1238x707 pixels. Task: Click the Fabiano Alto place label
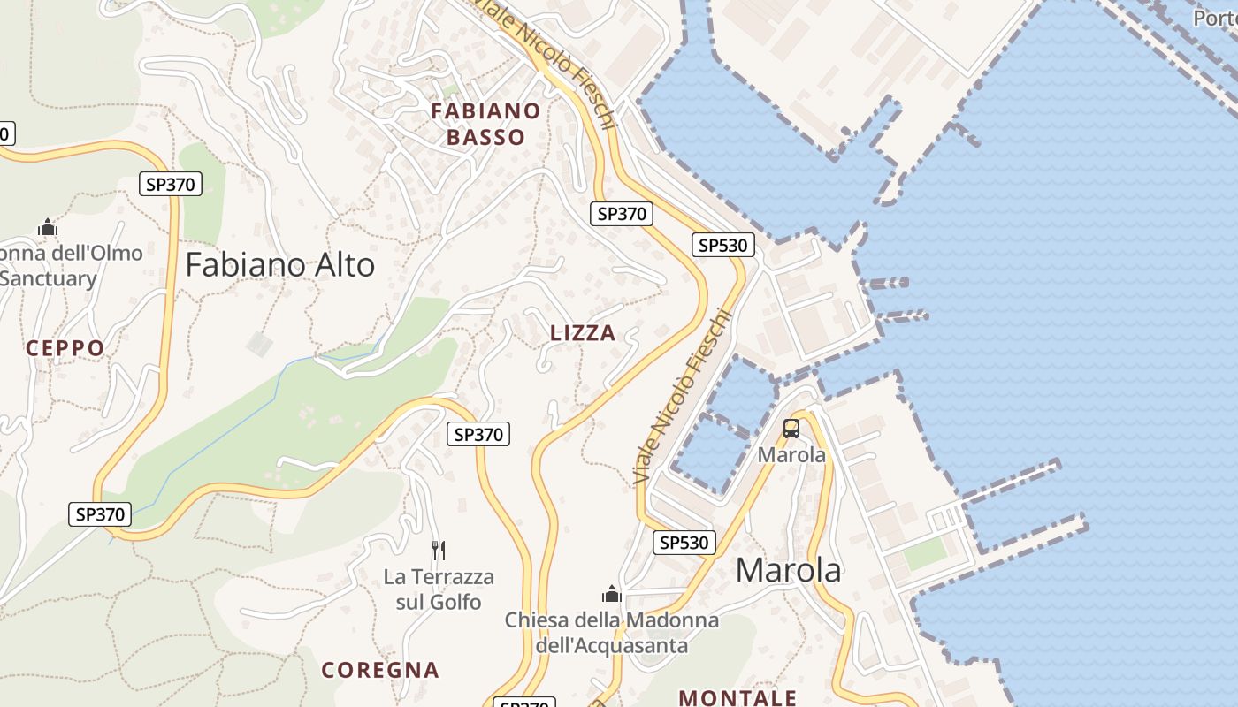click(279, 265)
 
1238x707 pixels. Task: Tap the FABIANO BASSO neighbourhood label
click(485, 124)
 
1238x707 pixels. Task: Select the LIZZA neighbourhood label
click(583, 333)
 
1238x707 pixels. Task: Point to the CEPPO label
click(65, 348)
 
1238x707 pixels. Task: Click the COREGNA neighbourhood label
click(380, 670)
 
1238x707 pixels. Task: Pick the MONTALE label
click(737, 698)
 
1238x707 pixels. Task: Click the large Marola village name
click(788, 570)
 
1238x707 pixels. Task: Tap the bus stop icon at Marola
click(791, 429)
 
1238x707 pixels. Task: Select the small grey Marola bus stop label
click(791, 455)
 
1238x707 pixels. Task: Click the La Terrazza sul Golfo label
click(439, 589)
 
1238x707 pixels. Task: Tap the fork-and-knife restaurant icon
click(439, 551)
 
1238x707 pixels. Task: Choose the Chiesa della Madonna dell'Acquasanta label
click(612, 633)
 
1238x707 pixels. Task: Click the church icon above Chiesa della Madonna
click(612, 593)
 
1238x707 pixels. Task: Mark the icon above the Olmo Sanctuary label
click(48, 228)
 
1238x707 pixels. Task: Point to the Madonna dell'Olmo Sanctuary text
click(62, 266)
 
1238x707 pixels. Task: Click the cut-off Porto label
click(1215, 18)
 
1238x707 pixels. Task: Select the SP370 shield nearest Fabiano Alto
click(171, 184)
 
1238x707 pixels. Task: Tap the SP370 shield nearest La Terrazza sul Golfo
click(478, 434)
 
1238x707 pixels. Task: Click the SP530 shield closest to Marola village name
click(684, 543)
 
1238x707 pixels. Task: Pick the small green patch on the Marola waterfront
click(925, 554)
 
